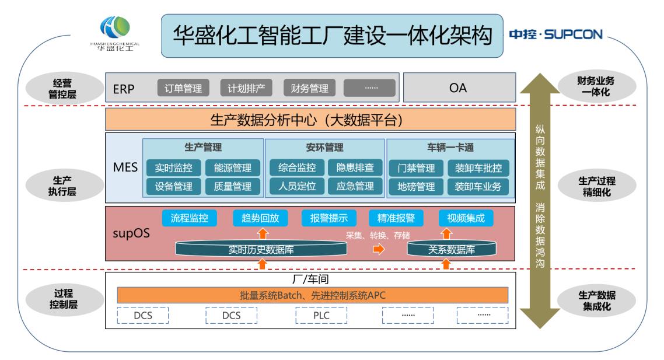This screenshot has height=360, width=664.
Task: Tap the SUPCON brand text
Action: coord(557,34)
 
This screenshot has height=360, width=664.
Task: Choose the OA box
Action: coord(458,89)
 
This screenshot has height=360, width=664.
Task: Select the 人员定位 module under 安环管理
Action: coord(293,187)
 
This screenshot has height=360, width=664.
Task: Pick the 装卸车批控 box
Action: coord(478,168)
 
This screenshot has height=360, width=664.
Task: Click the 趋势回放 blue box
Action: coord(260,218)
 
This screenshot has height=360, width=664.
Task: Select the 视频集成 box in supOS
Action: coord(466,218)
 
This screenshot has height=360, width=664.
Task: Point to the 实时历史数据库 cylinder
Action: coord(261,250)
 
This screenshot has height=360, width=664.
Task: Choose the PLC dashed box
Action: coord(321,315)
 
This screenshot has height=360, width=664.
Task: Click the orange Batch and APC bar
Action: coord(313,295)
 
